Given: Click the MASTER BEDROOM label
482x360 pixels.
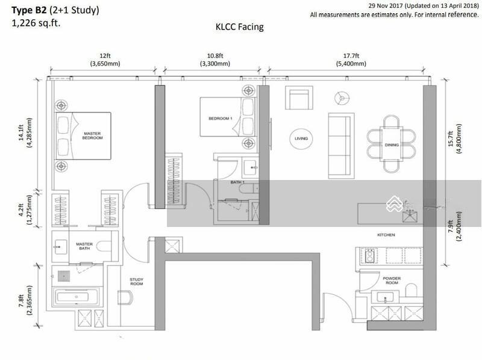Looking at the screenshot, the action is click(x=92, y=136).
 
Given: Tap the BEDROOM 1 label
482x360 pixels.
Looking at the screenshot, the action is click(x=221, y=118).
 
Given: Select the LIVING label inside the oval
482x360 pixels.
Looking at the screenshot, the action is click(x=301, y=138).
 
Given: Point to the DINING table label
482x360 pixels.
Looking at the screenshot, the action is click(x=392, y=144).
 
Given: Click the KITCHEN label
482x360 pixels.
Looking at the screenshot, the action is click(x=386, y=235).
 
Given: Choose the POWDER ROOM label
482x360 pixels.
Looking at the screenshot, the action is click(x=392, y=281).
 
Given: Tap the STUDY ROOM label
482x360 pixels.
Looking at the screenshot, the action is click(x=137, y=282).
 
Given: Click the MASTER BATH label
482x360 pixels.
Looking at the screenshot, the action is click(x=84, y=246).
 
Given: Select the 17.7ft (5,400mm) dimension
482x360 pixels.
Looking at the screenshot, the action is click(x=351, y=60).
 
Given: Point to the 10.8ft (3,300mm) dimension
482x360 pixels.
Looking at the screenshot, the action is click(x=215, y=60).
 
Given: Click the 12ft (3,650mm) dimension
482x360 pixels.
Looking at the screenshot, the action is click(x=105, y=60).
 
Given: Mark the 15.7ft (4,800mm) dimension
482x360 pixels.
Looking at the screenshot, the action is click(x=455, y=139).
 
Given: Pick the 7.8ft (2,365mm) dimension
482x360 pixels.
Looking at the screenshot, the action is click(x=25, y=300).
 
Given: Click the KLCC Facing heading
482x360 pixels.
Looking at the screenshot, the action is click(x=239, y=27).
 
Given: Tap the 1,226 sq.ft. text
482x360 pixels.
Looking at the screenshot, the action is click(x=36, y=23).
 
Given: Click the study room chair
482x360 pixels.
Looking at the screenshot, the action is click(x=125, y=297).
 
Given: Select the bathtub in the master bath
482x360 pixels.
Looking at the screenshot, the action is click(x=77, y=297).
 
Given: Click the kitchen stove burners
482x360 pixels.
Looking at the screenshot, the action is click(x=370, y=256).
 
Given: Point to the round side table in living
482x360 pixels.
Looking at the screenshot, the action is click(x=342, y=98).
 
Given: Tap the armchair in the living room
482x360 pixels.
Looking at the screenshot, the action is click(x=299, y=98).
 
